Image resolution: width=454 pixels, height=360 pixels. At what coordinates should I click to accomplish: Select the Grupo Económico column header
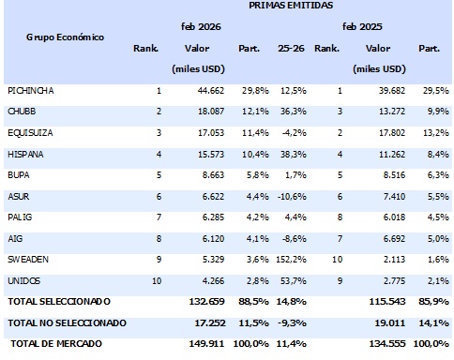coord(65,37)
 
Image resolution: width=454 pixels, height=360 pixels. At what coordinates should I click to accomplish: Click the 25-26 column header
coord(292,48)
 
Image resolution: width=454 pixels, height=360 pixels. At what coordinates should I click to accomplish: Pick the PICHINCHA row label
coord(30,90)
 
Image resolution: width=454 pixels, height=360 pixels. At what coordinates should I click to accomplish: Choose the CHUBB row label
coord(23,112)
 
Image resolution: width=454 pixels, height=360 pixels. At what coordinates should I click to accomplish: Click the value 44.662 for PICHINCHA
coord(208,90)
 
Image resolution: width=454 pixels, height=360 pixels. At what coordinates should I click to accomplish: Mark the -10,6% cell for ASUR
coord(293,196)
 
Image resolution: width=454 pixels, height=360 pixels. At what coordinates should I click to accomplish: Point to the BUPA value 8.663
coord(211,174)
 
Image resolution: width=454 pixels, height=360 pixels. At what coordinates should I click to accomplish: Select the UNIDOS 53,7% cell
coord(294,280)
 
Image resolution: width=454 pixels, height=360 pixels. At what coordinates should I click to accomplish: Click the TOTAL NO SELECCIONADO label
coord(66,322)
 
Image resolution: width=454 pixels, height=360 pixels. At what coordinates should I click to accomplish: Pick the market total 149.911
coord(206,344)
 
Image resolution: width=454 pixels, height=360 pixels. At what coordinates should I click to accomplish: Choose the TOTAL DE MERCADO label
coord(53,344)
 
